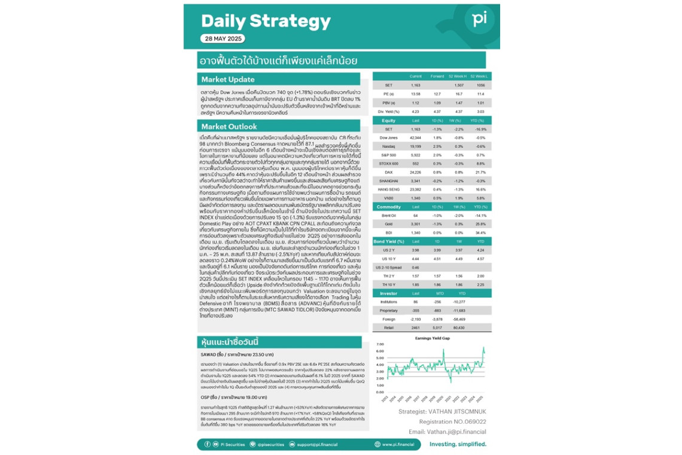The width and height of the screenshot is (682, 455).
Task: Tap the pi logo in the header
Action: [479, 20]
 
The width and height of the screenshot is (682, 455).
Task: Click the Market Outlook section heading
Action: [229, 126]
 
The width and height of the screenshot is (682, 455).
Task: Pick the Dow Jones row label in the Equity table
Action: [389, 138]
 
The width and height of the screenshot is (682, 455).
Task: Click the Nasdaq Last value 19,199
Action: [416, 146]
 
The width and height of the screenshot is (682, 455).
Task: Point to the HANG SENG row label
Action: [389, 189]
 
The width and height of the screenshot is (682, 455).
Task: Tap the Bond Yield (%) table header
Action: [389, 241]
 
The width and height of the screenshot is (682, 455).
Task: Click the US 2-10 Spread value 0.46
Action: [416, 266]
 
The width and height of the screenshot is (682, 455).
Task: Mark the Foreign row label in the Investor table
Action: [389, 319]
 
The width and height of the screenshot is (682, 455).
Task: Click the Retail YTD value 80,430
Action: [459, 328]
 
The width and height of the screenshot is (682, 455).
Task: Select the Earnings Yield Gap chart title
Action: [432, 338]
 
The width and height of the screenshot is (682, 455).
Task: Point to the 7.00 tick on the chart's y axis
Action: [379, 345]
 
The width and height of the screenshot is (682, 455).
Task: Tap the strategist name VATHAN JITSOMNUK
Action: [442, 412]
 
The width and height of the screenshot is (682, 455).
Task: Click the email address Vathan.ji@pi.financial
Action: [447, 431]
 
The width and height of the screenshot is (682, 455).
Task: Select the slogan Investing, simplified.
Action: [458, 445]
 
